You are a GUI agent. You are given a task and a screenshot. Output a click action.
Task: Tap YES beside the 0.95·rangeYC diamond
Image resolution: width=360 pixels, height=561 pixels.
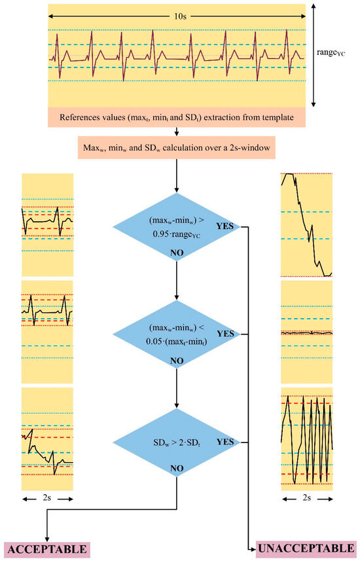pyautogui.click(x=225, y=226)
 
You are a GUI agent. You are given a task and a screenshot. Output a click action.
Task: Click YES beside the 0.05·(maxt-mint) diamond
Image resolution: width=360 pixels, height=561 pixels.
pyautogui.click(x=225, y=334)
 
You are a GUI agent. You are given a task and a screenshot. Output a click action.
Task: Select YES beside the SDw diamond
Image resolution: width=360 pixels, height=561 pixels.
pyautogui.click(x=225, y=442)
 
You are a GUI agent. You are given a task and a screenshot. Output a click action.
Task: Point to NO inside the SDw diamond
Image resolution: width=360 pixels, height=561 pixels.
pyautogui.click(x=177, y=469)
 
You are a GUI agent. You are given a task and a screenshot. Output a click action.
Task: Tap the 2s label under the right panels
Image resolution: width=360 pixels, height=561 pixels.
pyautogui.click(x=306, y=499)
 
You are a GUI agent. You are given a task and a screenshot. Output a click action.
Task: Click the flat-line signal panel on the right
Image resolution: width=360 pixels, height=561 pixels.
pyautogui.click(x=306, y=333)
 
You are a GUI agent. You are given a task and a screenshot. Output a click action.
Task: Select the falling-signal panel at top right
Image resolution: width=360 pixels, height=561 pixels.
pyautogui.click(x=306, y=225)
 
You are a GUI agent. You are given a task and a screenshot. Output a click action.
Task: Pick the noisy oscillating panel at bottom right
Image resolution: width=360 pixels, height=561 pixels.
pyautogui.click(x=306, y=440)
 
